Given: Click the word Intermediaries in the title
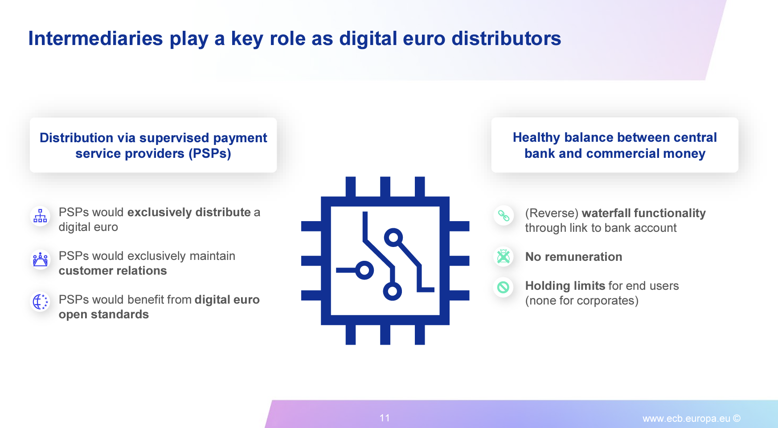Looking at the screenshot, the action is point(96,38).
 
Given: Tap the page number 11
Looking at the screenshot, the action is point(385,418).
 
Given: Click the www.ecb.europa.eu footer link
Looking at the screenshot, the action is point(686,418).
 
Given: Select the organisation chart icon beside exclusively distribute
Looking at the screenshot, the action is point(40,216).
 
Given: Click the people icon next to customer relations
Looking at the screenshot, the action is point(40,259).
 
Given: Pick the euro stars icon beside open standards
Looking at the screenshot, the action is point(40,302).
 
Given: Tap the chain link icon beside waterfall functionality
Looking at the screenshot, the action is point(504,216).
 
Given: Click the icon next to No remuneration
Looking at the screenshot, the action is point(504,256).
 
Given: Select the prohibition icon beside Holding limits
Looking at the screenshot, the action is point(504,287).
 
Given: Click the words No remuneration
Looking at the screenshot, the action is point(573,257).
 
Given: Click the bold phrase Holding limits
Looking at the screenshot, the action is point(565,286).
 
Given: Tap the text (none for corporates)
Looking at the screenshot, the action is point(581,300).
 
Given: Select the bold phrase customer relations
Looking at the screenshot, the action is point(113,271).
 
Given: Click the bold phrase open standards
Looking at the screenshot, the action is point(104,314).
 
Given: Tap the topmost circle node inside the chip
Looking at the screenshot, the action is point(393,238).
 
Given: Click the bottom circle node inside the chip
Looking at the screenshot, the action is point(393,292).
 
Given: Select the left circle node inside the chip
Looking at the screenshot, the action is point(364,270).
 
